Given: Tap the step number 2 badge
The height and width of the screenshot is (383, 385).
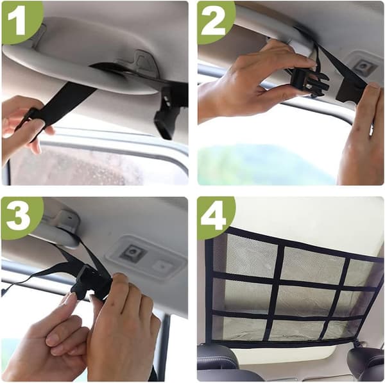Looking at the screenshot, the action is (x=213, y=20).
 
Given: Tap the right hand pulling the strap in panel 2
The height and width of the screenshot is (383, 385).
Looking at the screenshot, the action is (x=361, y=137).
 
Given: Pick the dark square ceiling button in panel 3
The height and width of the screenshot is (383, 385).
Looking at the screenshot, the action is (x=132, y=253).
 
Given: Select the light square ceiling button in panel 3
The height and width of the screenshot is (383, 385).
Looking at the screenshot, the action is (x=162, y=266).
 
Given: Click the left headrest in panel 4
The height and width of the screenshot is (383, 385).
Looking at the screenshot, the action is (x=216, y=360).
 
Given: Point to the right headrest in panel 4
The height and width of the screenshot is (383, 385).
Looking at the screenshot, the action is (x=366, y=360).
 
